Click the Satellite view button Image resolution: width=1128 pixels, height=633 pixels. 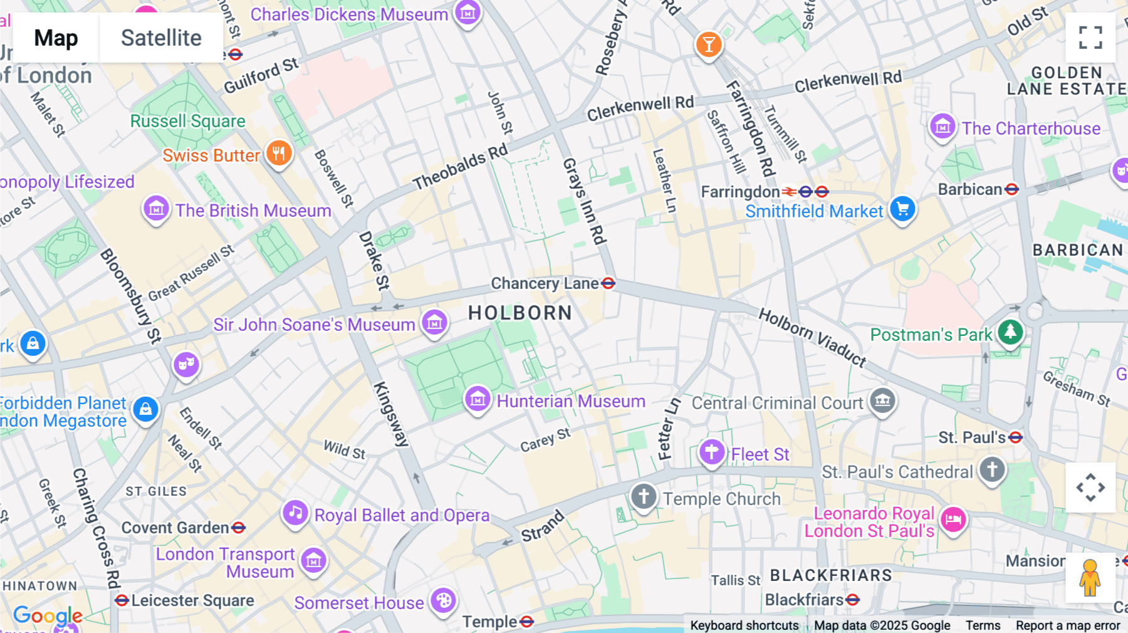tap(161, 38)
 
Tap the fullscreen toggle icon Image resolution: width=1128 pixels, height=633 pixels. tap(1090, 38)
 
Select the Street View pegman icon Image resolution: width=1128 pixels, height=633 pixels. tap(1090, 577)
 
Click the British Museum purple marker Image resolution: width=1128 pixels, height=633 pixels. tap(156, 209)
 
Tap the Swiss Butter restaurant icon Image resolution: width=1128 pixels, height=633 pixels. tap(279, 153)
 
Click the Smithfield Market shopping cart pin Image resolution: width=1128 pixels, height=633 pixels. tap(902, 209)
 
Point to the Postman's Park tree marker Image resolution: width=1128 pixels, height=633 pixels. tap(1010, 332)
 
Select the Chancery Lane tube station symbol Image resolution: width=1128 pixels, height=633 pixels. tap(608, 283)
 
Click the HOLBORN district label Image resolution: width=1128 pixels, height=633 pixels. tap(520, 313)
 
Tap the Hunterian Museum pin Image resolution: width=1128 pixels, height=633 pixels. tap(478, 399)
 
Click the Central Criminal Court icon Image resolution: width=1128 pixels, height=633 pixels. tap(882, 400)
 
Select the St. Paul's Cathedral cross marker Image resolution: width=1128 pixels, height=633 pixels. tap(991, 469)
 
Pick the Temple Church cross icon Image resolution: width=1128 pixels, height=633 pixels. tap(643, 496)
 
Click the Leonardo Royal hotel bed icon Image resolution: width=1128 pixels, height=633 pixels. tap(953, 520)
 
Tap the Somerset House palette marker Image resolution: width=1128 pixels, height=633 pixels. tap(443, 600)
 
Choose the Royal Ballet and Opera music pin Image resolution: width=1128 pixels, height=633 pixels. tap(295, 513)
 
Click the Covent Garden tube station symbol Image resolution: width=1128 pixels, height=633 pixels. tap(238, 528)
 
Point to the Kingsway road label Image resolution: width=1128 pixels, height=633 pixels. tap(391, 414)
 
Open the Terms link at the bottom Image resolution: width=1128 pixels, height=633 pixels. tap(982, 625)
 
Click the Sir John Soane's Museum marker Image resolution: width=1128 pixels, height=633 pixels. tap(434, 323)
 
